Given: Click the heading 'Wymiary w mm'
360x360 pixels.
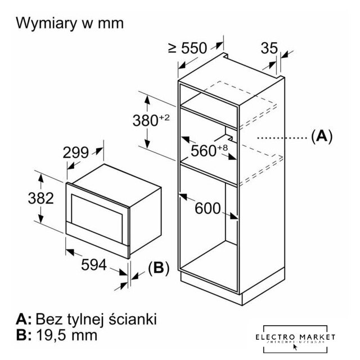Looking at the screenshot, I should click(70, 23).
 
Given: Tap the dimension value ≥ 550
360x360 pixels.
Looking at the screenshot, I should click(187, 48).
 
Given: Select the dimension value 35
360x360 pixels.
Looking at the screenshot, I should click(269, 48).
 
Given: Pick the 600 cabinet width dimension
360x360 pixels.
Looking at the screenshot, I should click(207, 208).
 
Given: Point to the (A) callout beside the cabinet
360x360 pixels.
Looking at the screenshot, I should click(321, 136).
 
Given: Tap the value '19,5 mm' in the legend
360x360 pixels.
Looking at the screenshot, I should click(66, 336).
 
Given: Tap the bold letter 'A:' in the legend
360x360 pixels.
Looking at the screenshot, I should click(24, 319).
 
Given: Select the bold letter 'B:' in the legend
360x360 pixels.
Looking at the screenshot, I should click(24, 336).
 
